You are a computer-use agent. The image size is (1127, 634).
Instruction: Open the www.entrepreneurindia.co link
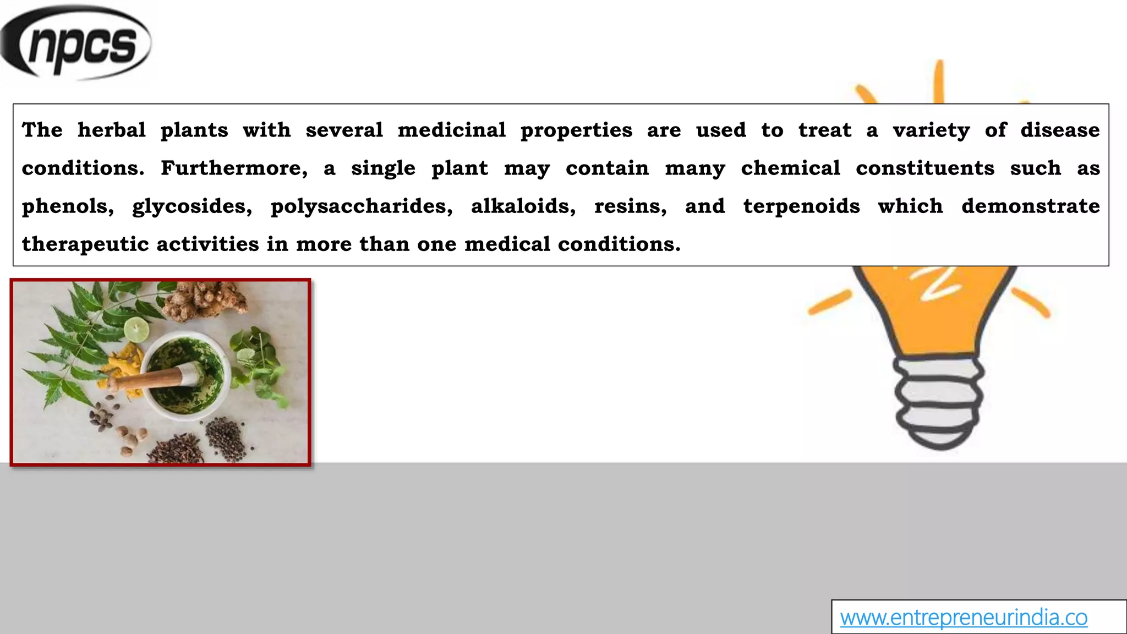[963, 617]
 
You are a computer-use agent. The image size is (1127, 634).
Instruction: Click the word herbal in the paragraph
[112, 130]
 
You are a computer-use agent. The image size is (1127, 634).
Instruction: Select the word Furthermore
[234, 168]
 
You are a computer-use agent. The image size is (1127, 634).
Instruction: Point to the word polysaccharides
[361, 206]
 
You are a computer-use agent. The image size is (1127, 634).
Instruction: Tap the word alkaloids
[523, 206]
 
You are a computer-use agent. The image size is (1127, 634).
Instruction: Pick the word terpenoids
[801, 206]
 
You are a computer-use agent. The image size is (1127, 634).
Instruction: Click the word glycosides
[192, 206]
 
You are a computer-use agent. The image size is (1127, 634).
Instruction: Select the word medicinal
[452, 130]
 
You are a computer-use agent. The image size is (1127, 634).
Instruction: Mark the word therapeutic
[85, 244]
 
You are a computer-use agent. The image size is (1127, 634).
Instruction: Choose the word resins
[630, 206]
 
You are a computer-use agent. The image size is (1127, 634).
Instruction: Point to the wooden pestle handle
[146, 380]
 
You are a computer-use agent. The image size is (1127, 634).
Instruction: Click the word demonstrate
[1030, 206]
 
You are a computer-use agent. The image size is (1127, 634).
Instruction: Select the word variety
[931, 130]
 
